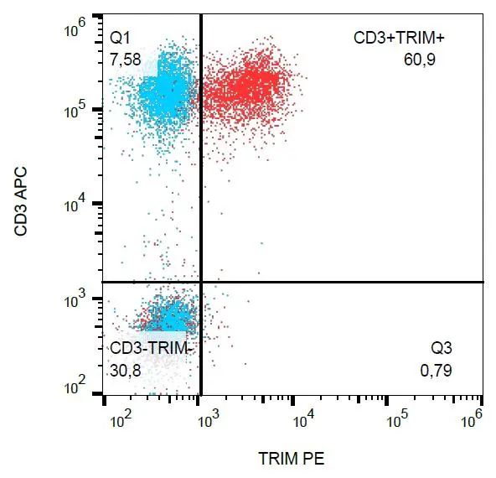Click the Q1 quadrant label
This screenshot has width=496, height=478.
121,38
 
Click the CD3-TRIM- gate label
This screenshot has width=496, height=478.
152,347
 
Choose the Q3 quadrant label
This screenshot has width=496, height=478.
441,347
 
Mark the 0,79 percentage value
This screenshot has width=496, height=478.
436,368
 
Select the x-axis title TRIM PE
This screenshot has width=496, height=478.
292,459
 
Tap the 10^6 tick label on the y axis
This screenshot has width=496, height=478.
79,32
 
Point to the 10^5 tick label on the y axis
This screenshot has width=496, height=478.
79,110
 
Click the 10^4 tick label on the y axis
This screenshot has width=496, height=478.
79,205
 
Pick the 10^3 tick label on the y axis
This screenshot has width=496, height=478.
79,299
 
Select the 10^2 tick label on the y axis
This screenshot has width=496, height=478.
79,388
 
